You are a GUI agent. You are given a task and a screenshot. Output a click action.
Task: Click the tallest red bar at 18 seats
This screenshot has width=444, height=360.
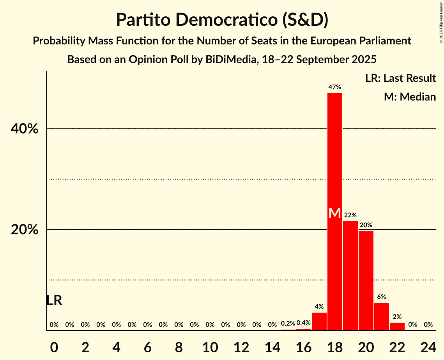[x=334, y=156]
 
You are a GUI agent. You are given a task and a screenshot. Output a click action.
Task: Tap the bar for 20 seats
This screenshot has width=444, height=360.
[x=366, y=281]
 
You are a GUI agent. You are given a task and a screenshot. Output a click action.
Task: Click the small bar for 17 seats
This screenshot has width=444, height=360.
[x=319, y=321]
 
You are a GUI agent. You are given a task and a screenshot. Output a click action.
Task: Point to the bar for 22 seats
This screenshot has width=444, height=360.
[x=397, y=326]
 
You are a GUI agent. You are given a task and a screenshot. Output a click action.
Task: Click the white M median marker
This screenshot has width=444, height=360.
[x=334, y=213]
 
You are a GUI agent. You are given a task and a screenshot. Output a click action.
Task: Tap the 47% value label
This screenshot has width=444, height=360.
[x=334, y=87]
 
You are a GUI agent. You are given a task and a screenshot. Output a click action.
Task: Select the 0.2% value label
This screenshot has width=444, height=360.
[x=288, y=323]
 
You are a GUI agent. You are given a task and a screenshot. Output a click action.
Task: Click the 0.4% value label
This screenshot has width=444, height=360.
[x=303, y=323]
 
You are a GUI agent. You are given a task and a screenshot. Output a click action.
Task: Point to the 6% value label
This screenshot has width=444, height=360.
[x=381, y=297]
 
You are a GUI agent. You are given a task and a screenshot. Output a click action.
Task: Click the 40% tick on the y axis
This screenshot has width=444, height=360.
[x=25, y=129]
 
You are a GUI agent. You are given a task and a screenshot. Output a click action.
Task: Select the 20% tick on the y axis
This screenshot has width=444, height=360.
[x=25, y=230]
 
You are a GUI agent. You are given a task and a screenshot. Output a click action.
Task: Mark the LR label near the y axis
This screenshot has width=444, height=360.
[x=54, y=300]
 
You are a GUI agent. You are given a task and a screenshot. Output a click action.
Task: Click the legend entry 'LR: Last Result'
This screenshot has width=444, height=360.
[x=400, y=78]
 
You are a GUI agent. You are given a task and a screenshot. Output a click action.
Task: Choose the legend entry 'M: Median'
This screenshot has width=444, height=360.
[x=410, y=97]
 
